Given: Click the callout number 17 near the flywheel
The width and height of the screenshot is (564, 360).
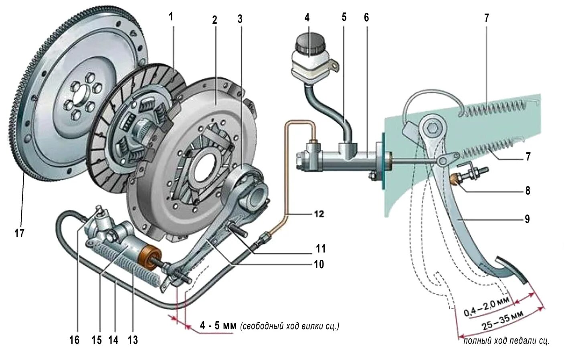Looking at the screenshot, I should coord(19,233).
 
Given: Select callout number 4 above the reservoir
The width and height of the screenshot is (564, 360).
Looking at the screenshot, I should coord(307,18).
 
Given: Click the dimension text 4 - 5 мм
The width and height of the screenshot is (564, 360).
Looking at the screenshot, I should coord(218,326).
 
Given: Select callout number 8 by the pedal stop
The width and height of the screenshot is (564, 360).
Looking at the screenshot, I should coord(528,191).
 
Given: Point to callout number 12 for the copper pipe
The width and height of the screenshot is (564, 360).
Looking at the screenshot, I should coord(319,214).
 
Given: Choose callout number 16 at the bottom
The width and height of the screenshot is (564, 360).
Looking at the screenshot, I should coord(74,340).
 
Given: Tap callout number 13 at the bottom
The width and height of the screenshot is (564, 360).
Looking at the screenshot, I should coord(133,340).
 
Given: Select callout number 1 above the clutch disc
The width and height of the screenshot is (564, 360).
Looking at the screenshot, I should coord(171,16).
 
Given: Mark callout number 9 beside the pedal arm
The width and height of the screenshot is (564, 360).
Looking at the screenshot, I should coord(527,219).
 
